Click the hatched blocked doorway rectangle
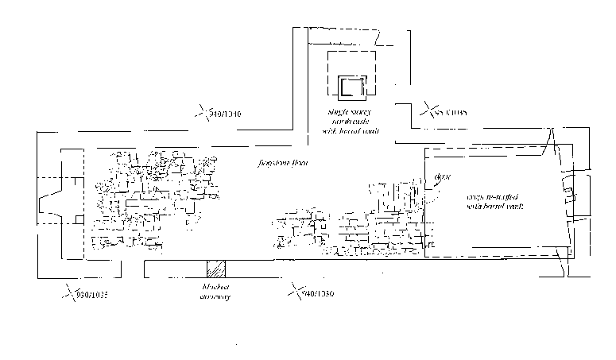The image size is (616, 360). pos(214,269)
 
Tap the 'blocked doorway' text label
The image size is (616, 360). pos(215,292)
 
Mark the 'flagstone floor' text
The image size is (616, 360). pos(282,163)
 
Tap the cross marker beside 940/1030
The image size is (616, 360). pos(297,292)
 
